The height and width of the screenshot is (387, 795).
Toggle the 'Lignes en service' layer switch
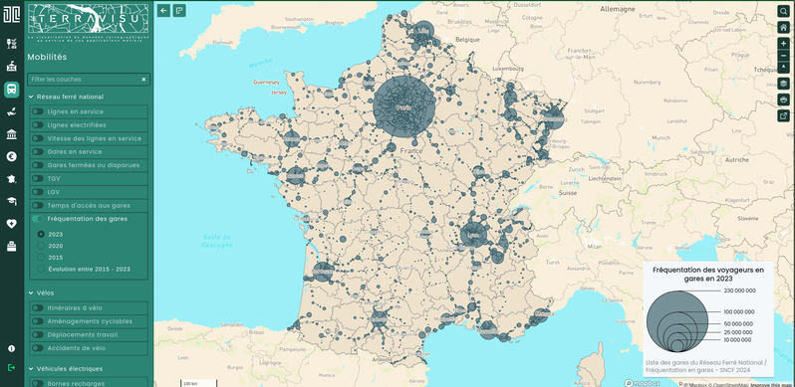point(37,111)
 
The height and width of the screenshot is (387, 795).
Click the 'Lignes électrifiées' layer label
point(76,125)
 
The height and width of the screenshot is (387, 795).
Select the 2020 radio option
point(41,246)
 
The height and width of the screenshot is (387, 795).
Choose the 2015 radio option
point(41,257)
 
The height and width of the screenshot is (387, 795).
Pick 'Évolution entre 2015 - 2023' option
point(41,269)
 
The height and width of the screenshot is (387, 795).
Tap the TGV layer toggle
point(37,179)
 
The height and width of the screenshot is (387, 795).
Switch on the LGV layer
point(37,192)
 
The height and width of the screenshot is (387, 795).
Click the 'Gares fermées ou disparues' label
point(93,165)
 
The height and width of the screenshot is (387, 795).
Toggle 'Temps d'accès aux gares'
point(37,205)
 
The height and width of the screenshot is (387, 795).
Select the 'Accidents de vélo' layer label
point(76,348)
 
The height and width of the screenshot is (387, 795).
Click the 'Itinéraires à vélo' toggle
point(37,308)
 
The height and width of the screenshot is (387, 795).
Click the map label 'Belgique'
point(468,39)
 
